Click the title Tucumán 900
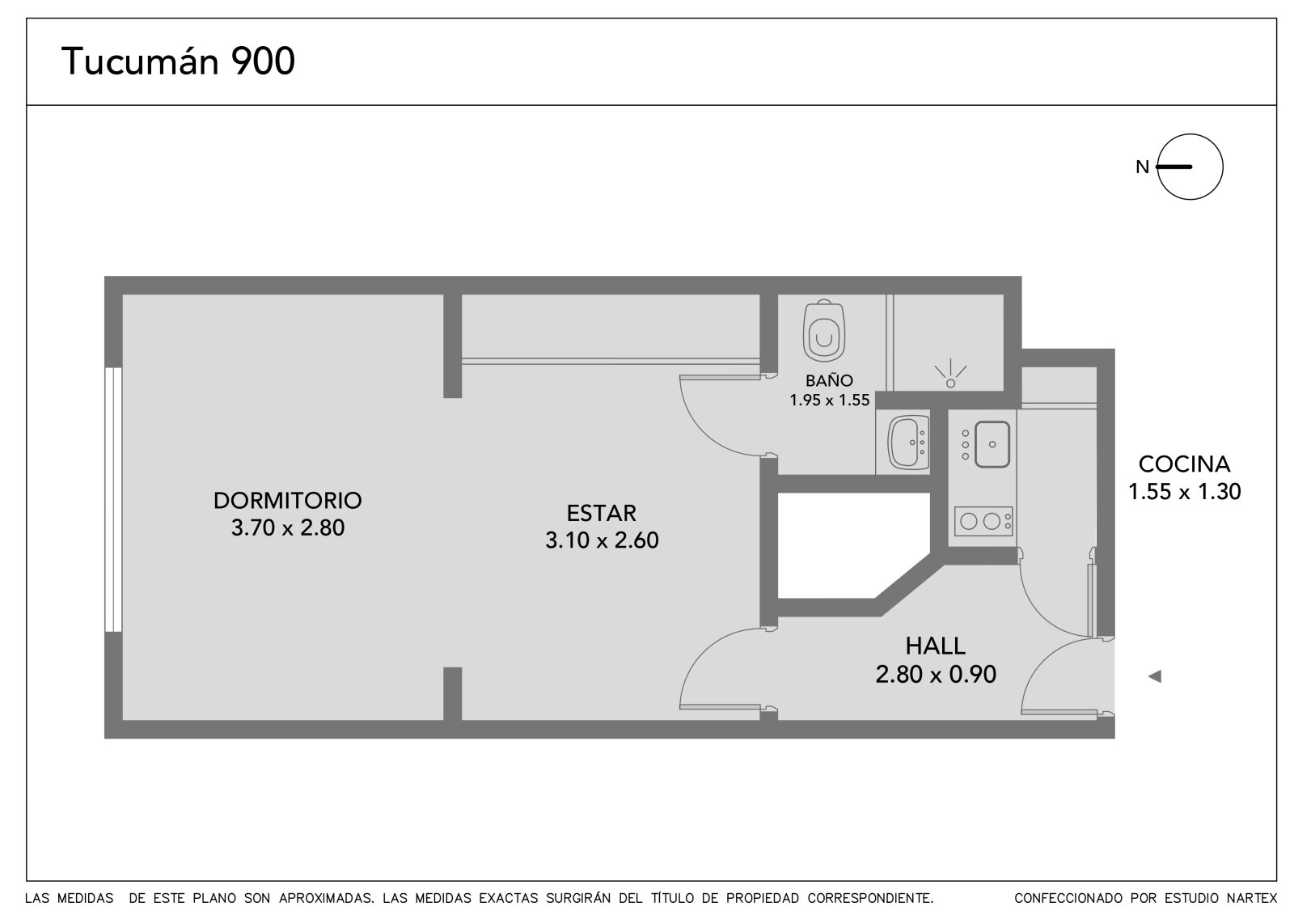[x=178, y=61]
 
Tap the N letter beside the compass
[x=1142, y=167]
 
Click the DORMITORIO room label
[x=288, y=501]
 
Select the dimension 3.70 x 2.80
[x=288, y=527]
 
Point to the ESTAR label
[x=602, y=513]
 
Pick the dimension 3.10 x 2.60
[x=602, y=540]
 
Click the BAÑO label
[x=829, y=380]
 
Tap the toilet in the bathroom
[x=824, y=330]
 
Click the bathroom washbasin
[x=908, y=443]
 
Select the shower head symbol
[x=950, y=375]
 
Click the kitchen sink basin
[x=992, y=444]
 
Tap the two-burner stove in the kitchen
[x=983, y=521]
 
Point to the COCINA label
[x=1184, y=464]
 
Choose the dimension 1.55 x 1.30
[x=1184, y=492]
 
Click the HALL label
[x=935, y=646]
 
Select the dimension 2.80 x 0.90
[x=936, y=675]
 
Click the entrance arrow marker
[x=1155, y=676]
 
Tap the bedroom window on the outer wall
[x=113, y=499]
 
